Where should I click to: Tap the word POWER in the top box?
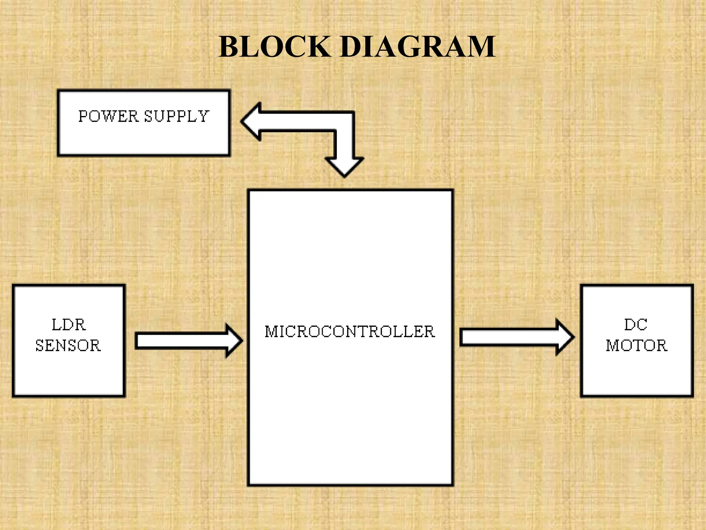108,116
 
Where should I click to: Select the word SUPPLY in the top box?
176,116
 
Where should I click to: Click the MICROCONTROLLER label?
350,332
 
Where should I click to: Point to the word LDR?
69,325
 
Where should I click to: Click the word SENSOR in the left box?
68,345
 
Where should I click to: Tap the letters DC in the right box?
636,325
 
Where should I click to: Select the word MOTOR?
636,345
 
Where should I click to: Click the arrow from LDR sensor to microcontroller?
183,341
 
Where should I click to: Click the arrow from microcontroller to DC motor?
510,337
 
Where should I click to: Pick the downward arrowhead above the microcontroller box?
344,167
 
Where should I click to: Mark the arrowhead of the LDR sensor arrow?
234,341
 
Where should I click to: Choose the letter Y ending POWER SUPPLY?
203,116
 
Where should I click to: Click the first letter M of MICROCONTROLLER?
271,332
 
